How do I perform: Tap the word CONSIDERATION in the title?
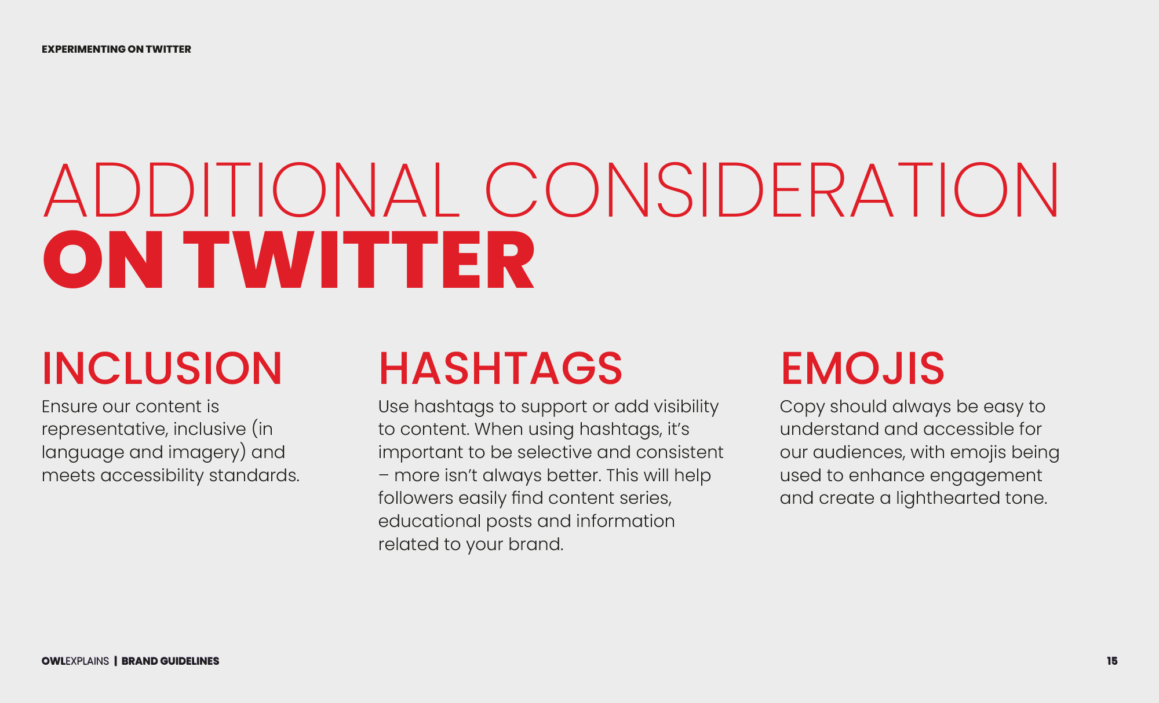[x=772, y=190]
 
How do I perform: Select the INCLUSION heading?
[x=162, y=368]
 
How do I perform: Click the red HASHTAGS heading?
[x=501, y=368]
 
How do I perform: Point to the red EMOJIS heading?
[x=862, y=368]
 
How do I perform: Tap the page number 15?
[x=1112, y=661]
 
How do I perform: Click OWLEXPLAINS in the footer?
[x=75, y=661]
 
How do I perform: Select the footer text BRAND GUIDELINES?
[x=170, y=661]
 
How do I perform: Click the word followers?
[x=416, y=498]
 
